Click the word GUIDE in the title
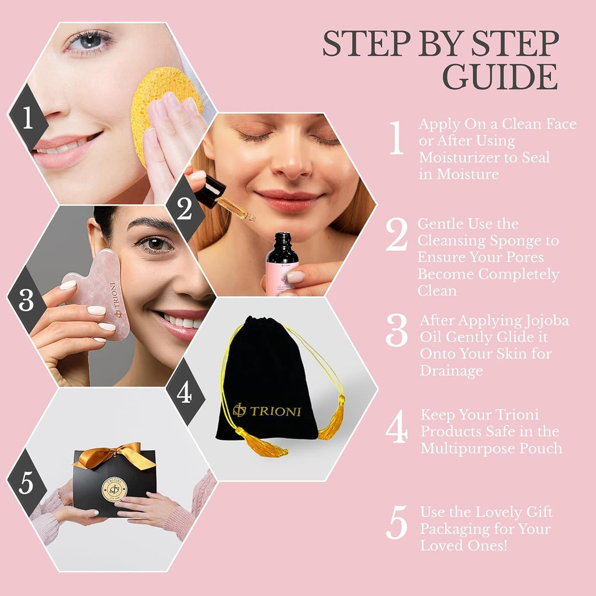point(500,77)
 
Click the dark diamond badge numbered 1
point(28,117)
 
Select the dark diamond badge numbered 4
point(185,392)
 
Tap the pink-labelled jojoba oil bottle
point(282,265)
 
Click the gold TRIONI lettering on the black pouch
point(267,410)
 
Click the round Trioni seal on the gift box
point(115,489)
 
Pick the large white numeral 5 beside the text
point(397,522)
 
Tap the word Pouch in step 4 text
point(541,448)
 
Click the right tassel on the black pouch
point(333,418)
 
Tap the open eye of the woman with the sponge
point(90,41)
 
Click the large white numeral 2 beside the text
point(397,234)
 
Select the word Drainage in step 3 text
point(451,371)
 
